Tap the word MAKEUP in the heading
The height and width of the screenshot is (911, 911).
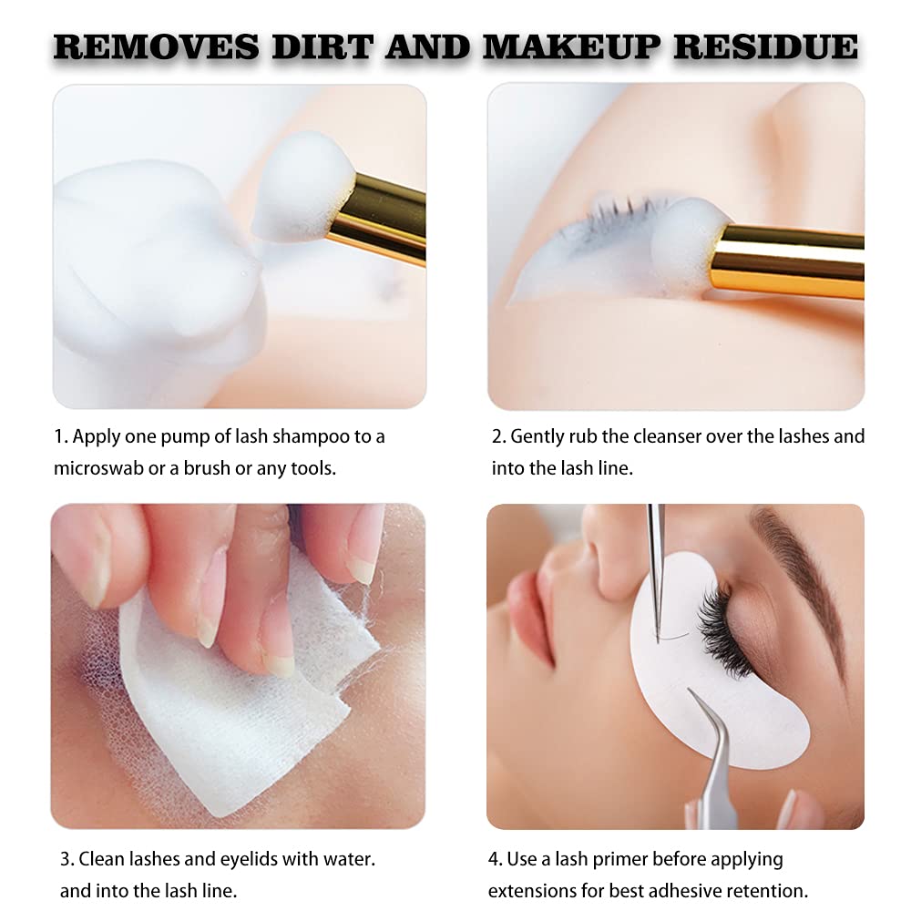tap(572, 46)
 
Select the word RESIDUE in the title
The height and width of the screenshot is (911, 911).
tap(766, 46)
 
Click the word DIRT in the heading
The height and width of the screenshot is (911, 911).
tap(322, 46)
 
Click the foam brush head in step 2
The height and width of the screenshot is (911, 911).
tap(689, 247)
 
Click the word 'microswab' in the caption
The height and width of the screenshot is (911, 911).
tap(98, 468)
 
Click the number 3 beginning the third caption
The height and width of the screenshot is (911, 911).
tap(66, 860)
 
